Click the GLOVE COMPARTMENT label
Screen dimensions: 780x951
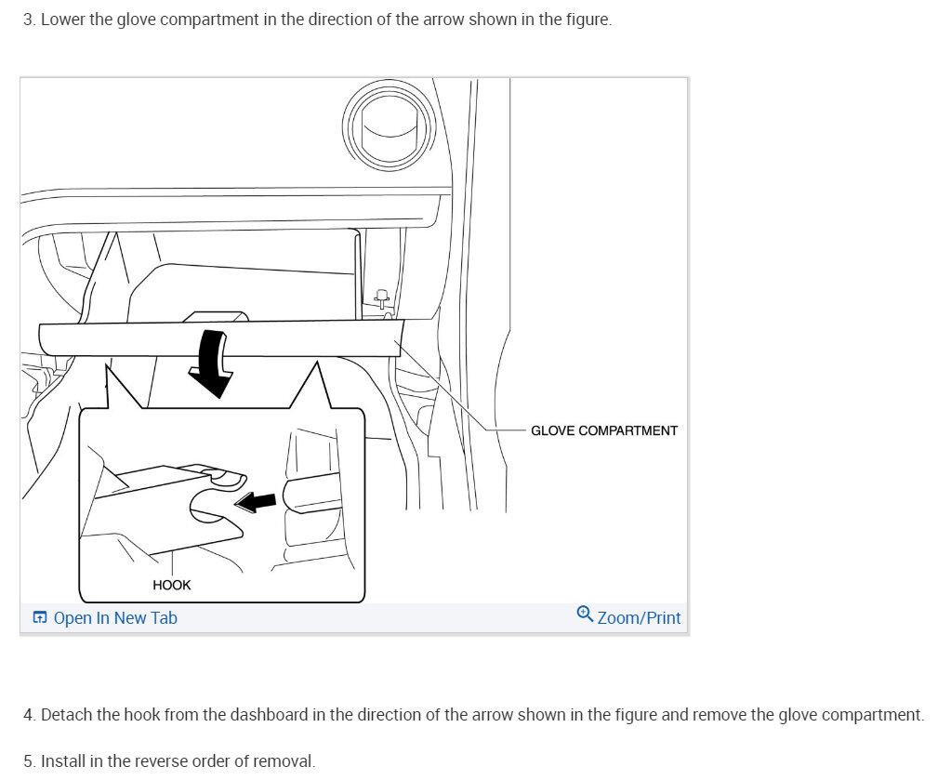603,430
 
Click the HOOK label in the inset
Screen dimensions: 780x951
171,585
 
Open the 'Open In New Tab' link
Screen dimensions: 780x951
114,618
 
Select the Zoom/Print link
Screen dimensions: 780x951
639,618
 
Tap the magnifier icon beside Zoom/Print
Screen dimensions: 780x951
585,614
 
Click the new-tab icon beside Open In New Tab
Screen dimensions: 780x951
40,618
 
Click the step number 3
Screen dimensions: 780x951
28,20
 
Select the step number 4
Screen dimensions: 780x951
28,715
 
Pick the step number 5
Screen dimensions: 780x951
28,761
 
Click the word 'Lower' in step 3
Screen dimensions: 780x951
63,20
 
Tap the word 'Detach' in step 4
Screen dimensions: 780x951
66,715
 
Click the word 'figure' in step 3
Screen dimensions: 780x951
588,20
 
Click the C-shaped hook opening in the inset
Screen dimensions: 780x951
207,507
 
